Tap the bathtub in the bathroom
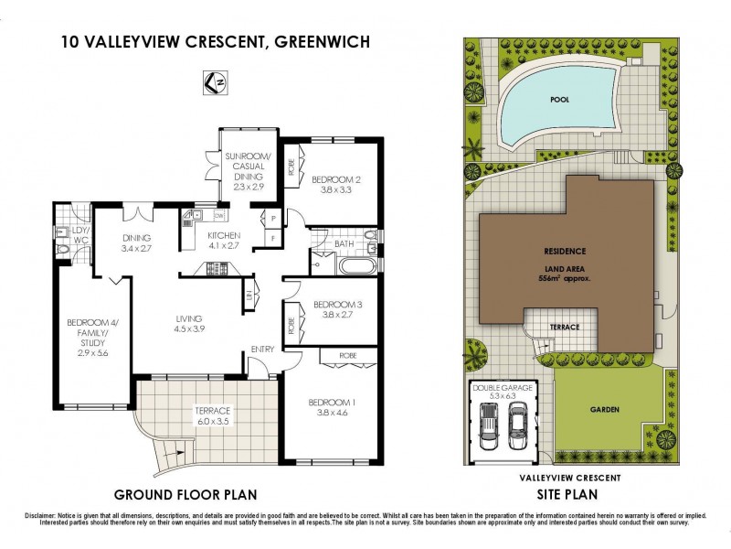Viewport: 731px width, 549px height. click(x=355, y=268)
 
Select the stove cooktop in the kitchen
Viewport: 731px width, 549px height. click(x=219, y=267)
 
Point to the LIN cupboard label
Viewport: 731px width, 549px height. click(x=249, y=295)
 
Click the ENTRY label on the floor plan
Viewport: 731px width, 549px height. click(x=262, y=349)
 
